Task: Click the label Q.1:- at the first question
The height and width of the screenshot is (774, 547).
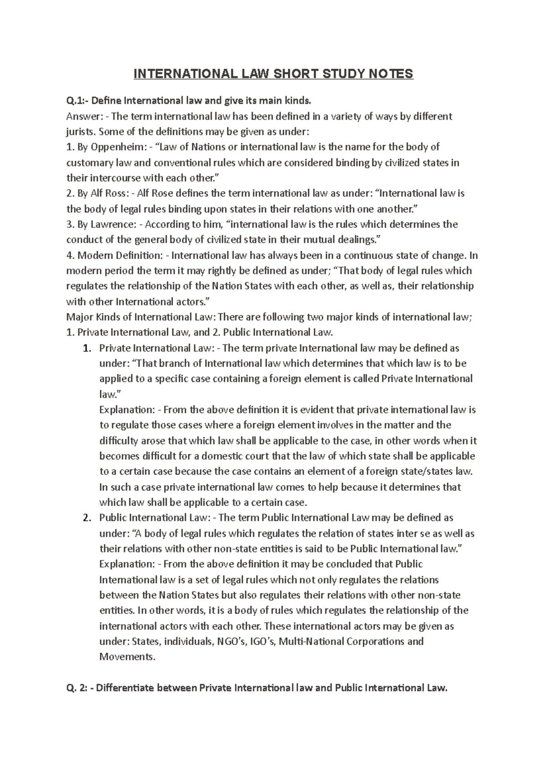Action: (78, 101)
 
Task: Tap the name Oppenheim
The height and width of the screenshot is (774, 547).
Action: (111, 147)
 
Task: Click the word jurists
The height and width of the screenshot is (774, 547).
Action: (80, 132)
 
